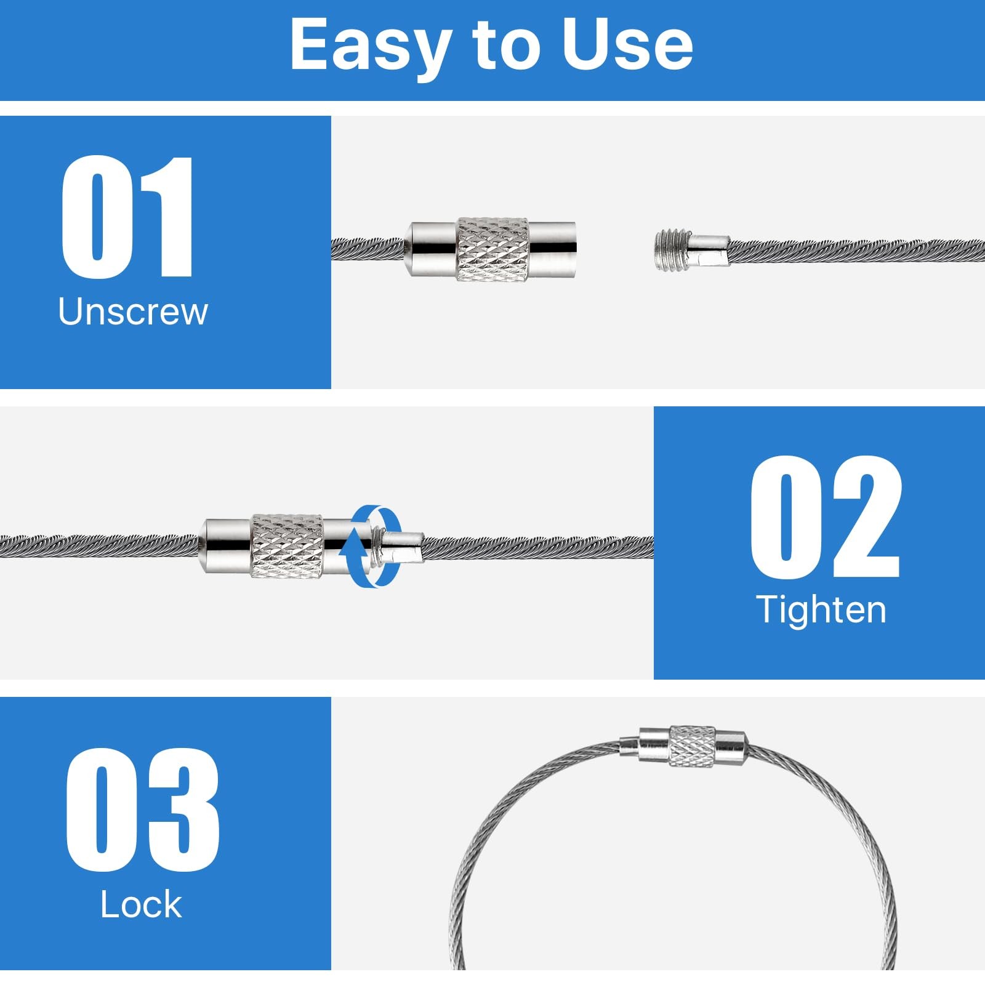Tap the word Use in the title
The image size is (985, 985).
click(629, 44)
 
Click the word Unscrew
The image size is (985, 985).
click(133, 311)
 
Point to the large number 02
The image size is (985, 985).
click(826, 517)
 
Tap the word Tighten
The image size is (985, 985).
click(821, 609)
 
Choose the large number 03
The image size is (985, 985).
click(142, 810)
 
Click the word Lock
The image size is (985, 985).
click(141, 904)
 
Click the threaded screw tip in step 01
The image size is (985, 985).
click(671, 249)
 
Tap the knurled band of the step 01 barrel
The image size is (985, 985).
click(492, 249)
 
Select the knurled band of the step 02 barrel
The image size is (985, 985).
click(286, 546)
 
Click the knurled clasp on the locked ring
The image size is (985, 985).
click(692, 746)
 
